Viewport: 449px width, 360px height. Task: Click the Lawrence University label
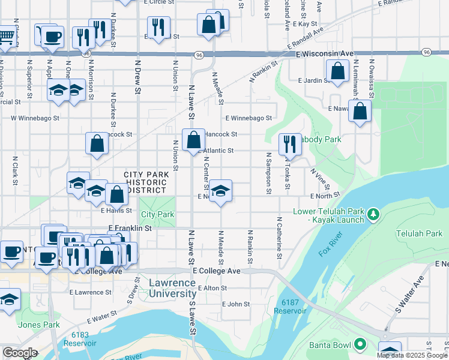tap(172, 288)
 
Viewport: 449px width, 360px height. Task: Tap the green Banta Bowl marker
tap(360, 344)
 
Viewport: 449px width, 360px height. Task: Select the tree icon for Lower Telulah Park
tap(373, 214)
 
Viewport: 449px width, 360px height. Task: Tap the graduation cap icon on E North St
tap(221, 191)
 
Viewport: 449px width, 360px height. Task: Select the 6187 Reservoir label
tap(290, 306)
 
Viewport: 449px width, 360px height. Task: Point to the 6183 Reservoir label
tap(84, 339)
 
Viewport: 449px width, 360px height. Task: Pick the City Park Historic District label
tap(144, 182)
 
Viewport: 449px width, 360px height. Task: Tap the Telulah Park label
tap(419, 233)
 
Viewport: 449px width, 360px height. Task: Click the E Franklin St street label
tap(130, 229)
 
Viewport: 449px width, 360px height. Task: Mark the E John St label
tap(235, 304)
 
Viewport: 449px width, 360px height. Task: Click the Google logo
tap(20, 352)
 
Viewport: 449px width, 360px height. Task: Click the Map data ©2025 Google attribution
tap(411, 355)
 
